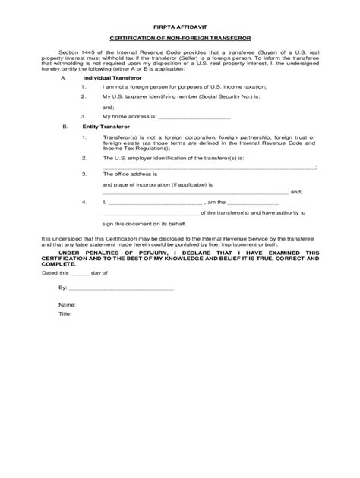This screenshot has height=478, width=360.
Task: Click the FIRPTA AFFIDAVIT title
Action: click(180, 24)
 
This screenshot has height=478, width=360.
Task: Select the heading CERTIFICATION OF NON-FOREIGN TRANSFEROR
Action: click(180, 37)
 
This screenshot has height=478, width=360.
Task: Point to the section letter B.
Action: click(64, 127)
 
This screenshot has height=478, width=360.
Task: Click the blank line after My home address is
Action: click(193, 118)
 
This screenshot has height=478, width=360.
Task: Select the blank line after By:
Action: click(122, 289)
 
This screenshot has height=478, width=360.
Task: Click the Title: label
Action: click(65, 313)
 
